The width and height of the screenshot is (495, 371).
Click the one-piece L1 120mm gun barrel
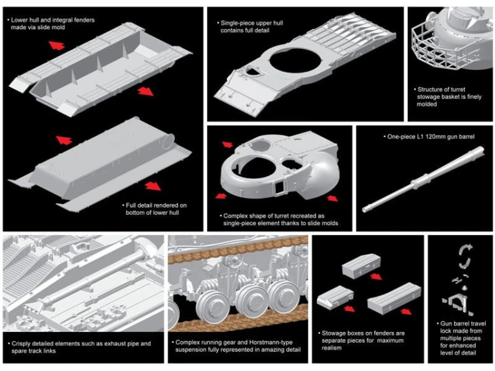click(x=423, y=180)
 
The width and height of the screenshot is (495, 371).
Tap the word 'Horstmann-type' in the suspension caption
click(x=271, y=342)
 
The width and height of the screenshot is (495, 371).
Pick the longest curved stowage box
click(x=394, y=298)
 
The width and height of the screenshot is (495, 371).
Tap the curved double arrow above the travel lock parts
click(x=465, y=255)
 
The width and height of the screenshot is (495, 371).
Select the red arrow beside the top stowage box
click(x=376, y=277)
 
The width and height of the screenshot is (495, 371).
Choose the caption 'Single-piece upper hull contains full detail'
click(x=249, y=26)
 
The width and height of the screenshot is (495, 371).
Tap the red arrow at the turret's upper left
click(x=227, y=145)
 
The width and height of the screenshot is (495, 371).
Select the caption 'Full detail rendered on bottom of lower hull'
click(x=154, y=209)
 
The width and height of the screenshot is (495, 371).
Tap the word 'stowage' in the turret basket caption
click(x=429, y=97)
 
